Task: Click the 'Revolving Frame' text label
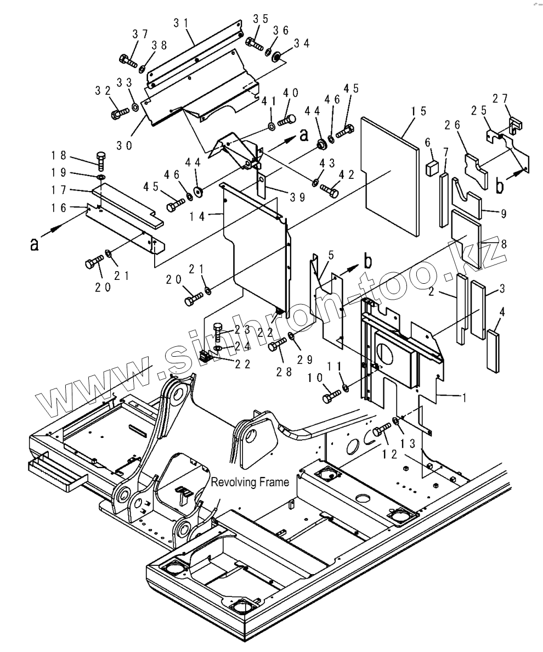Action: [x=250, y=482]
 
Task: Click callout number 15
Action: [x=418, y=111]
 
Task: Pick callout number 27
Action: [x=515, y=99]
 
